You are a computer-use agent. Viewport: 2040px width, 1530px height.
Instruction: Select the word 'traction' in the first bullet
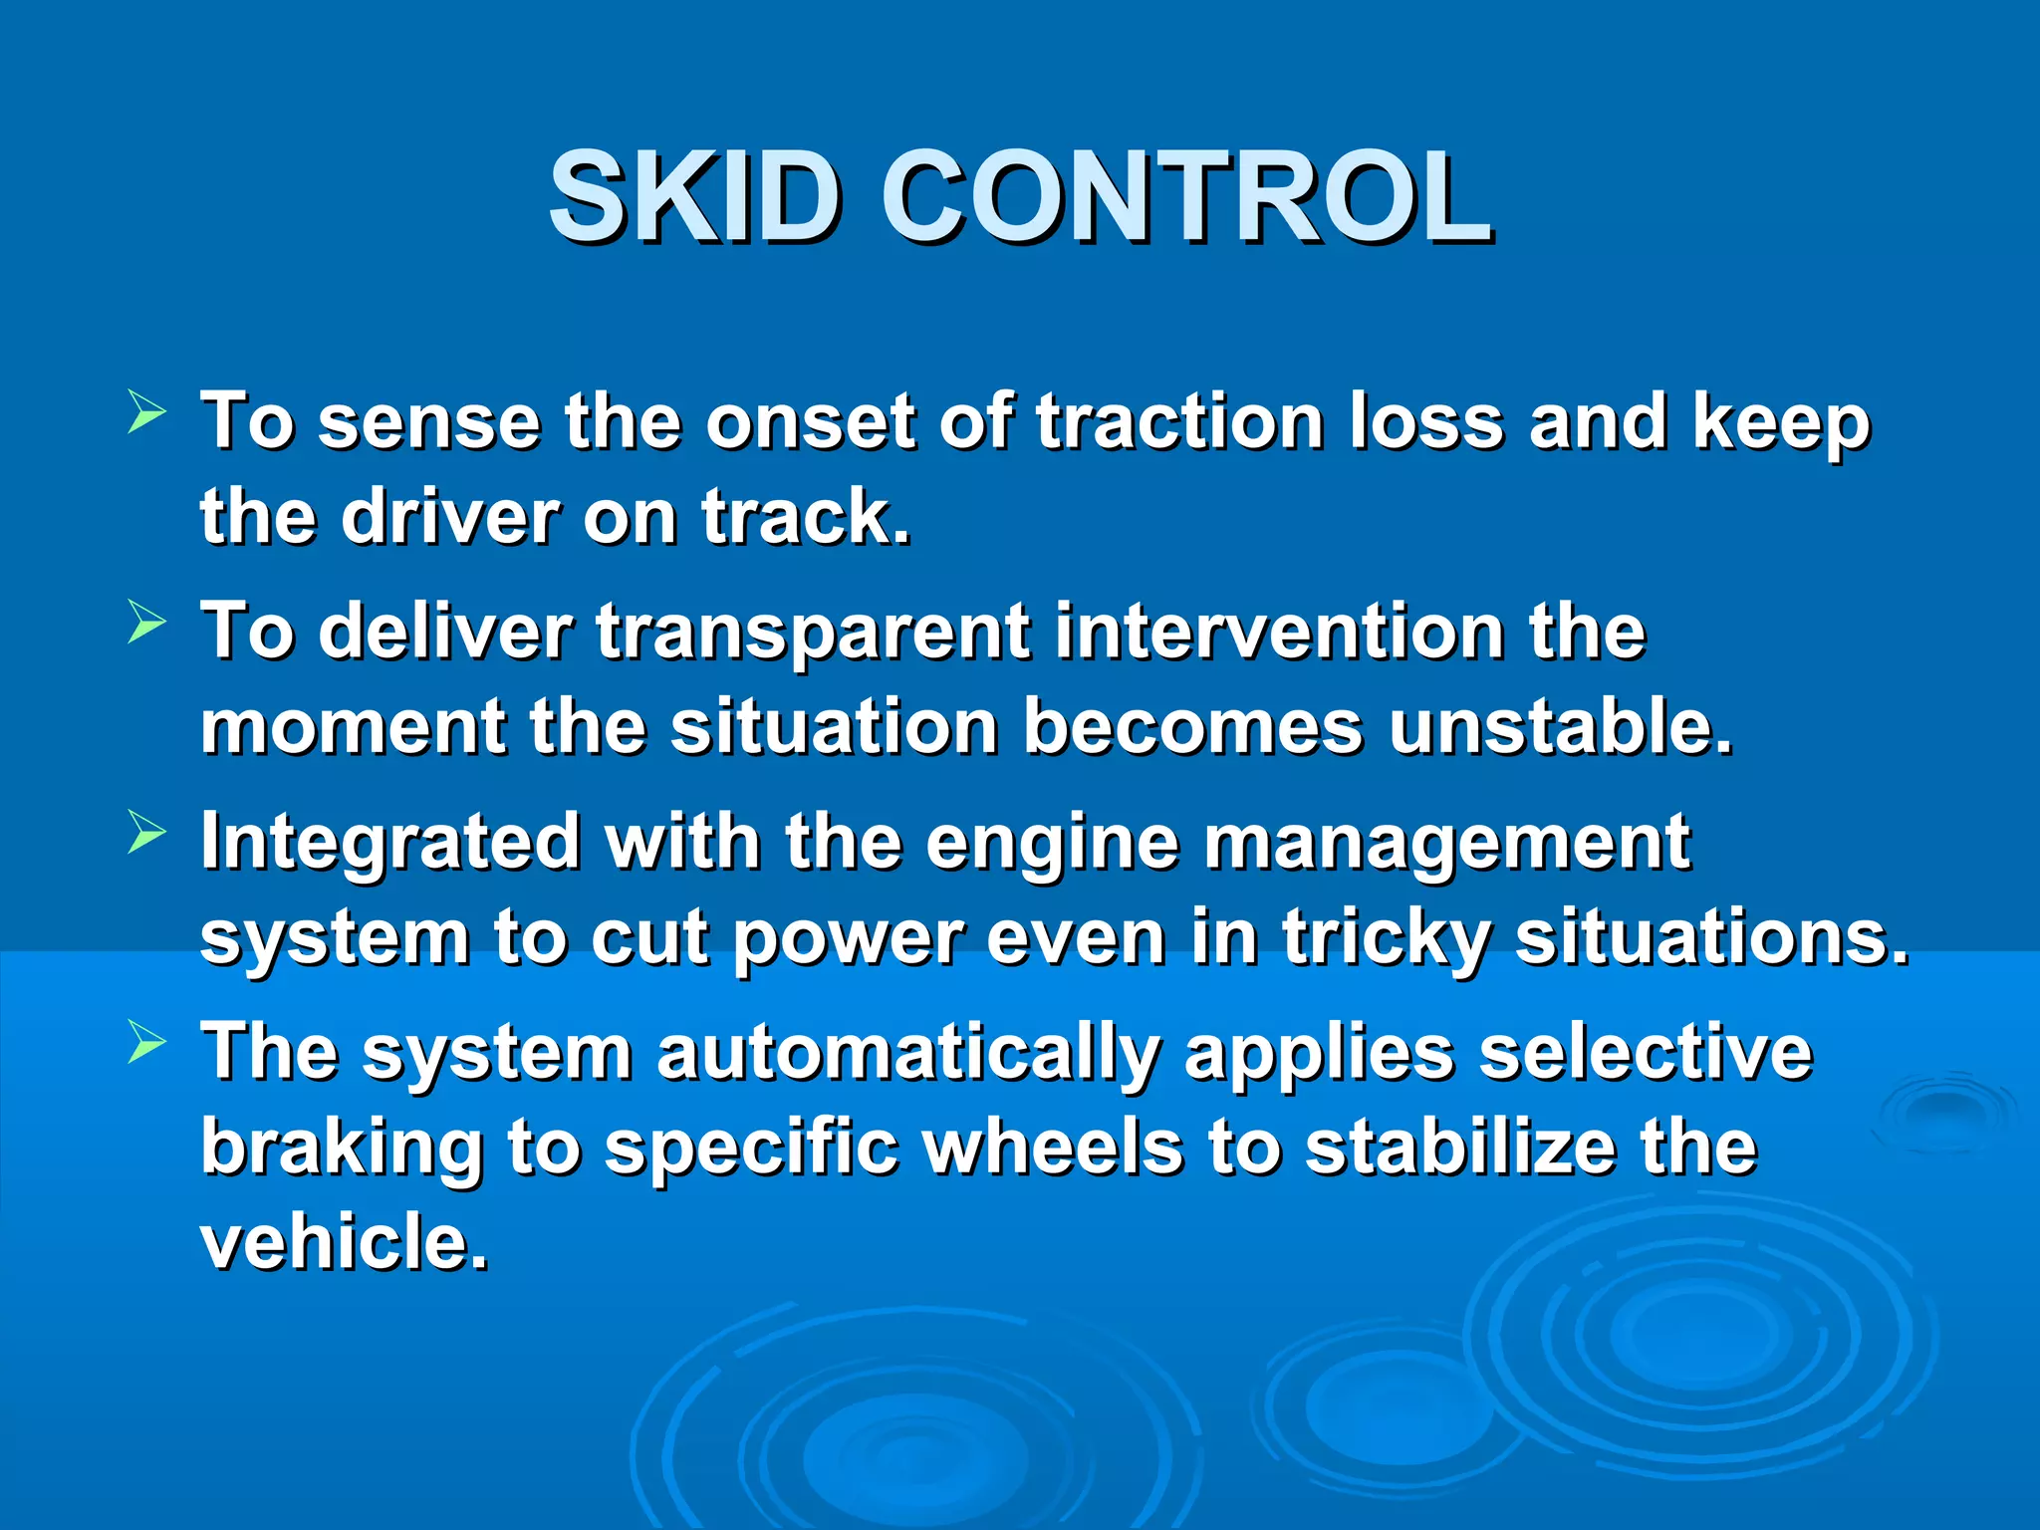tap(1179, 422)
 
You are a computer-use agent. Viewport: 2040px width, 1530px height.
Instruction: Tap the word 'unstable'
tap(1560, 727)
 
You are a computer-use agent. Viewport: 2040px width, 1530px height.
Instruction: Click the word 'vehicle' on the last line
tap(345, 1243)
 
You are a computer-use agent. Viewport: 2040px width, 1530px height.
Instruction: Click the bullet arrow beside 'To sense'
tap(146, 412)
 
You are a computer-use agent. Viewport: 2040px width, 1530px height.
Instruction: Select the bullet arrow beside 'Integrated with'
tap(146, 833)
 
